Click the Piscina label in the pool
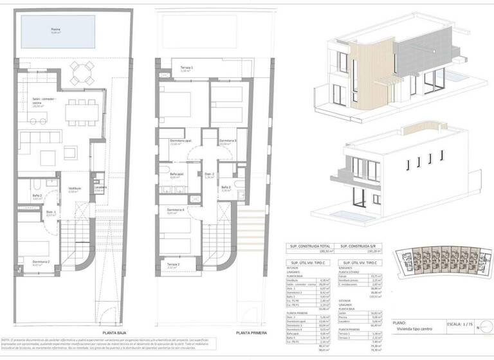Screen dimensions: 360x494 [56, 30]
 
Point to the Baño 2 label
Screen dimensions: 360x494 [37, 195]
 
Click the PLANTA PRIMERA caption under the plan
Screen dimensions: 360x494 [252, 332]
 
